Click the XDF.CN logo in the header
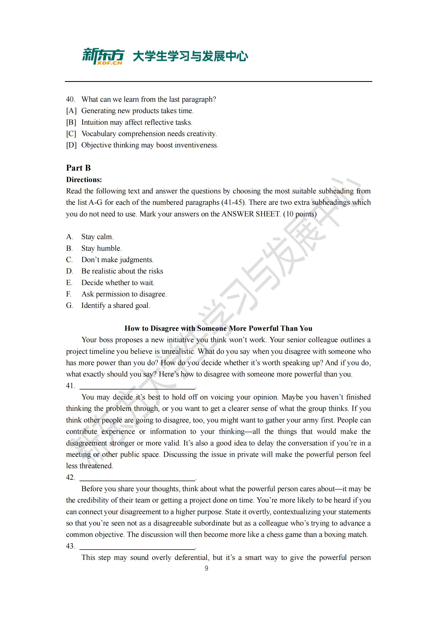click(103, 57)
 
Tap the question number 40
click(70, 99)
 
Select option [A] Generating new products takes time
click(137, 111)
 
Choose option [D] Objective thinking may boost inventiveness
click(150, 145)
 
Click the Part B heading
click(78, 168)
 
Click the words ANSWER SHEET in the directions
click(251, 214)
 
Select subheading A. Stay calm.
click(97, 237)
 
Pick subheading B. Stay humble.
click(101, 248)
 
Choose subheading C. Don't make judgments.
click(117, 260)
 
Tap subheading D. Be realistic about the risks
click(122, 271)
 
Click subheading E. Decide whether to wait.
click(118, 283)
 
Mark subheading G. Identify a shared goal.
click(116, 305)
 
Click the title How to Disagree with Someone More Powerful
click(218, 328)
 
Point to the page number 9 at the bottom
click(206, 568)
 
